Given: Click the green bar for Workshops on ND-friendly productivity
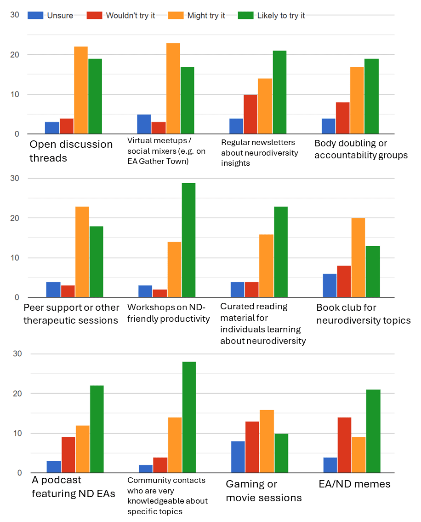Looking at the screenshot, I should click(188, 240).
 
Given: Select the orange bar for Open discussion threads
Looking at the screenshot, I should click(81, 90).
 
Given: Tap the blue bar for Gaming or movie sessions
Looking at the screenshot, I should click(237, 457).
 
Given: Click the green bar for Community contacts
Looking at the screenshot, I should click(189, 417).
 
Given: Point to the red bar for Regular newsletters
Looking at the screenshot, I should click(251, 114).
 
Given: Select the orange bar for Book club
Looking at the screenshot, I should click(358, 258).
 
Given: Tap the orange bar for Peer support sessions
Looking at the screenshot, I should click(82, 252).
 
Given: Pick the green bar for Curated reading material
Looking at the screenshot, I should click(281, 252).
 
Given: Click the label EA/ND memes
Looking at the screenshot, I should click(354, 484).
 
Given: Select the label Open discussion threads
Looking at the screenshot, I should click(71, 151).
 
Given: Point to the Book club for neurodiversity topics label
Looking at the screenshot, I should click(363, 314).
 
